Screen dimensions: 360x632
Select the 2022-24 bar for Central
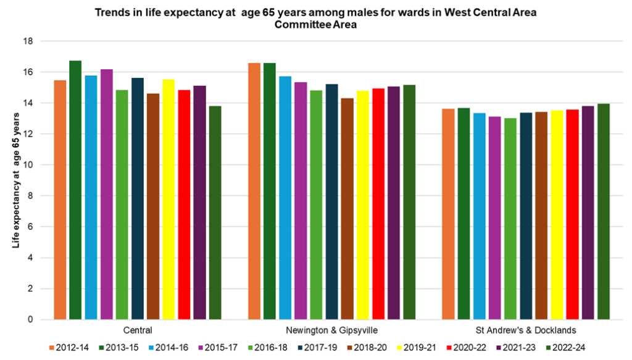tap(215, 213)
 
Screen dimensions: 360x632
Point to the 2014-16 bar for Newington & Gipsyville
tap(285, 198)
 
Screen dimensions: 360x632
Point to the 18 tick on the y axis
tap(28, 41)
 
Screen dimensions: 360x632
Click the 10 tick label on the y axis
tap(28, 165)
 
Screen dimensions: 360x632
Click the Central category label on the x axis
tap(138, 330)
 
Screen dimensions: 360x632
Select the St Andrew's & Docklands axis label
tap(526, 330)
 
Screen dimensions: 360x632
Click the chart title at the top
tap(316, 19)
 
